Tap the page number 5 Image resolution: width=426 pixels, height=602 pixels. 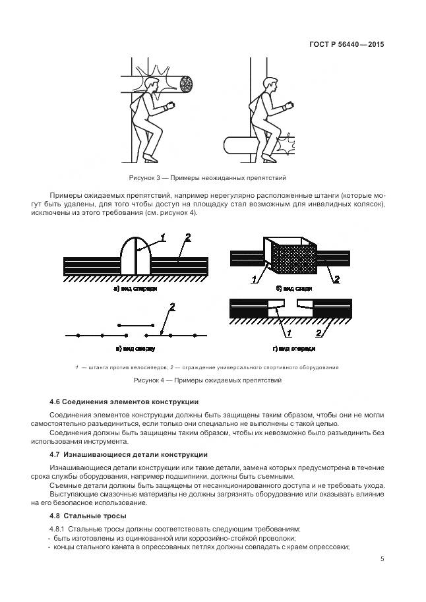(382, 559)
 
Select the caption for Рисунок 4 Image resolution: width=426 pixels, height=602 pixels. (207, 380)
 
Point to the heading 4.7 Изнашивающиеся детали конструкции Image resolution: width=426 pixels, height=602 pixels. (129, 454)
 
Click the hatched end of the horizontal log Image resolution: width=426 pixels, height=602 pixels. (188, 85)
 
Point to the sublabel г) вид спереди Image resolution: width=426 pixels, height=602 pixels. (296, 348)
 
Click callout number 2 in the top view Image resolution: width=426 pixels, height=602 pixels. (172, 307)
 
